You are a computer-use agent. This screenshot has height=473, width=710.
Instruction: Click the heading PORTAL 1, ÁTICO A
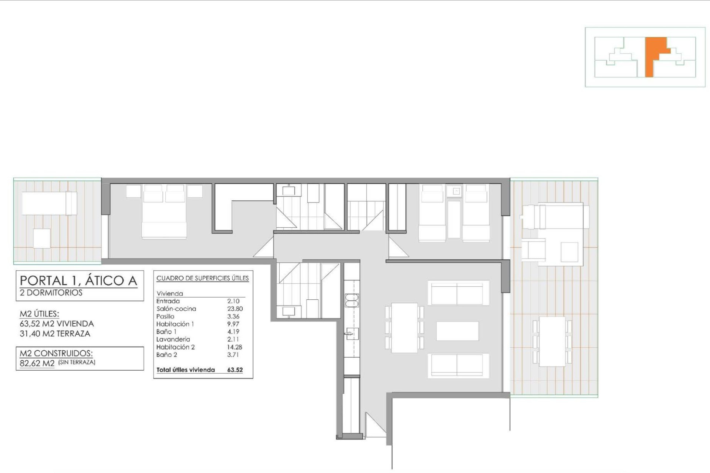coord(78,280)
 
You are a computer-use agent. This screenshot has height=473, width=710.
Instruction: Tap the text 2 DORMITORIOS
coord(51,293)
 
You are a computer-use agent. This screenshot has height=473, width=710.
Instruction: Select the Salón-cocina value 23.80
coord(235,309)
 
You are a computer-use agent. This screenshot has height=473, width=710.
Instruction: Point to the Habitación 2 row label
coord(175,347)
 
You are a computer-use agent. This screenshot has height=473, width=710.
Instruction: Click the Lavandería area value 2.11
coord(233,339)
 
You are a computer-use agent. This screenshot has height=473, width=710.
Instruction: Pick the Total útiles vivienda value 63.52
coord(235,370)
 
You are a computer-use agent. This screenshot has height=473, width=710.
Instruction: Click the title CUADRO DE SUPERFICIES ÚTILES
coord(203,278)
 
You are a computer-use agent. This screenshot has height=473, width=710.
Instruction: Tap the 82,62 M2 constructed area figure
coord(37,363)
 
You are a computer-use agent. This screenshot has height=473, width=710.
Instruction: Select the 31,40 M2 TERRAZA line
coord(55,334)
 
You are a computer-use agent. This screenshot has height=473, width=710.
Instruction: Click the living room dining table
coord(404,327)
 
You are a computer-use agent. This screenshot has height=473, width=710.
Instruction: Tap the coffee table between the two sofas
coord(457,331)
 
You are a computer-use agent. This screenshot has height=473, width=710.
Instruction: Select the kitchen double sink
coord(352,300)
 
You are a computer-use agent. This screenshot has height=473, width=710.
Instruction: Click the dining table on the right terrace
coord(552,341)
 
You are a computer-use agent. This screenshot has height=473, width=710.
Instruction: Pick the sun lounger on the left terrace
coord(49,203)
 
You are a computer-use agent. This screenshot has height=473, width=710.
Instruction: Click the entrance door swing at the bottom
coord(375,425)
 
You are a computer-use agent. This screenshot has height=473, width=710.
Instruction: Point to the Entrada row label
coord(168,301)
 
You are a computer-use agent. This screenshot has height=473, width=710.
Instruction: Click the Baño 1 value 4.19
coord(233,331)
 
